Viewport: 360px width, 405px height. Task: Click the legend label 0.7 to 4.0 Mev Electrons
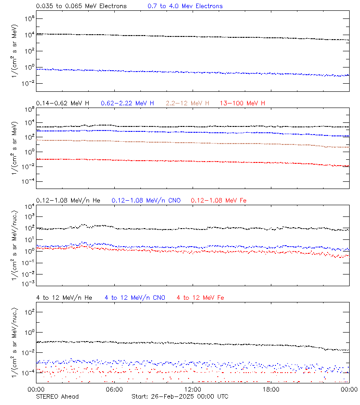[185, 6]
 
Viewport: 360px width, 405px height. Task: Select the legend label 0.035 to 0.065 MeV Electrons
[81, 6]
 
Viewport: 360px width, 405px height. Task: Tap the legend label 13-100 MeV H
[243, 103]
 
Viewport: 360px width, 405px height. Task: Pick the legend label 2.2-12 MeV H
[188, 103]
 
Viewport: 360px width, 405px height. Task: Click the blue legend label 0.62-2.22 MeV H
[127, 103]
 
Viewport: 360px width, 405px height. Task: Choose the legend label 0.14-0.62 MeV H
[63, 103]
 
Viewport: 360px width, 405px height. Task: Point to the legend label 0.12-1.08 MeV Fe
[219, 200]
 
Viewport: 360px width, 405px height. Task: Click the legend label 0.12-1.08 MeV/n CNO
[146, 200]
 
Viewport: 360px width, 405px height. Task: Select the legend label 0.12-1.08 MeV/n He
[71, 200]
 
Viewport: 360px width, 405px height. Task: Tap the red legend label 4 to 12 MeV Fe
[200, 297]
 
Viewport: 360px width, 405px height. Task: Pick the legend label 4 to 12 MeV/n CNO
[135, 297]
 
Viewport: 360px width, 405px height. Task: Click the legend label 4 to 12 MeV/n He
[64, 297]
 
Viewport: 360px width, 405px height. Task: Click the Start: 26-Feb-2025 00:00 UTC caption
[180, 396]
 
